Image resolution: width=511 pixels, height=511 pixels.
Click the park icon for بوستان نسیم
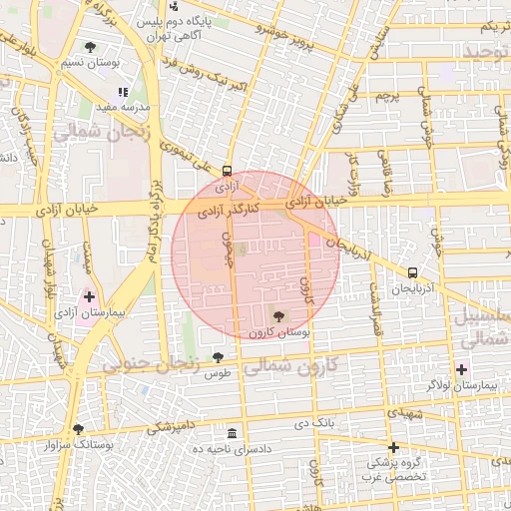click(91, 47)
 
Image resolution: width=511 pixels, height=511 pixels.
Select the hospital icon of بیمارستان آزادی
click(89, 296)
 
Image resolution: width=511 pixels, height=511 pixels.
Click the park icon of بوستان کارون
click(276, 316)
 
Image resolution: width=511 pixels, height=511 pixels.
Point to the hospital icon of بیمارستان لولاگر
click(460, 369)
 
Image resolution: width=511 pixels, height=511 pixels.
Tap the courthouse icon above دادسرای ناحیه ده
click(232, 433)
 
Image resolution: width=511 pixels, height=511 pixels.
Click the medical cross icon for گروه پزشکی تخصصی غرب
click(394, 447)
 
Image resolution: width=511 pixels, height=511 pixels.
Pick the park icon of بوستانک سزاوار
click(78, 429)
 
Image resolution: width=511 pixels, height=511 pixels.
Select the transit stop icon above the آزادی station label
click(228, 171)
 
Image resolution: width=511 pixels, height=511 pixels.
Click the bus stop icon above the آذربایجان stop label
click(412, 272)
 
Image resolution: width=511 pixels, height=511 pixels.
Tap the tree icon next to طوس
click(218, 357)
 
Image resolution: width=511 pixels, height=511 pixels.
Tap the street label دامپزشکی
click(173, 426)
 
